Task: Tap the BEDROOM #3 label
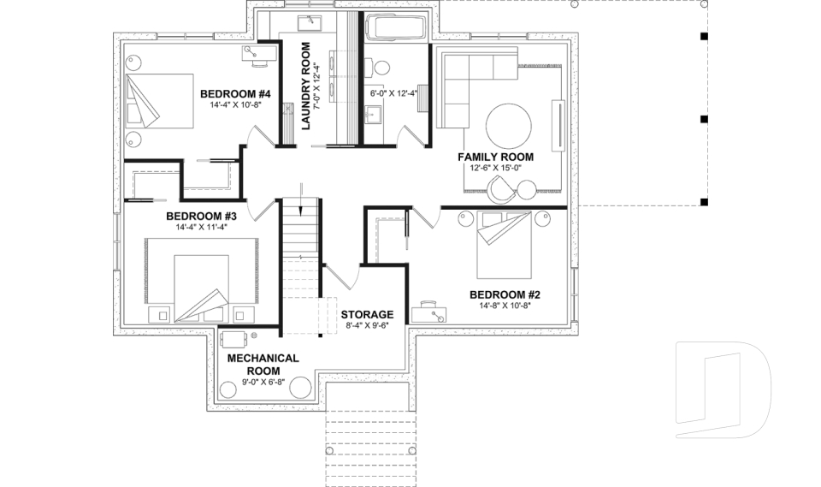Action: (x=201, y=217)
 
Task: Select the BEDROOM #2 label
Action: (x=504, y=294)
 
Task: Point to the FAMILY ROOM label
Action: (x=495, y=157)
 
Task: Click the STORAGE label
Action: (x=367, y=314)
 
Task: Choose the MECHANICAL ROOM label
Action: (x=262, y=364)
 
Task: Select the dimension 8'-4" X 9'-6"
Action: (x=367, y=325)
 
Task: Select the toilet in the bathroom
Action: (x=380, y=67)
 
